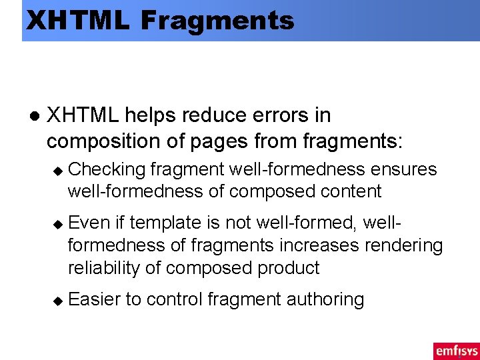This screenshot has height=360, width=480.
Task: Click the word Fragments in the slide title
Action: coord(217,21)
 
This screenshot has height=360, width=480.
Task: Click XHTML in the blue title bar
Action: coord(77,21)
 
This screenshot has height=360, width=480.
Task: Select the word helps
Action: coord(148,115)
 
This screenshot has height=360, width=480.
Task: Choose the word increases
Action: coord(321,245)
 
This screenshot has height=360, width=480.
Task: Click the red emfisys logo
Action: coord(455,351)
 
